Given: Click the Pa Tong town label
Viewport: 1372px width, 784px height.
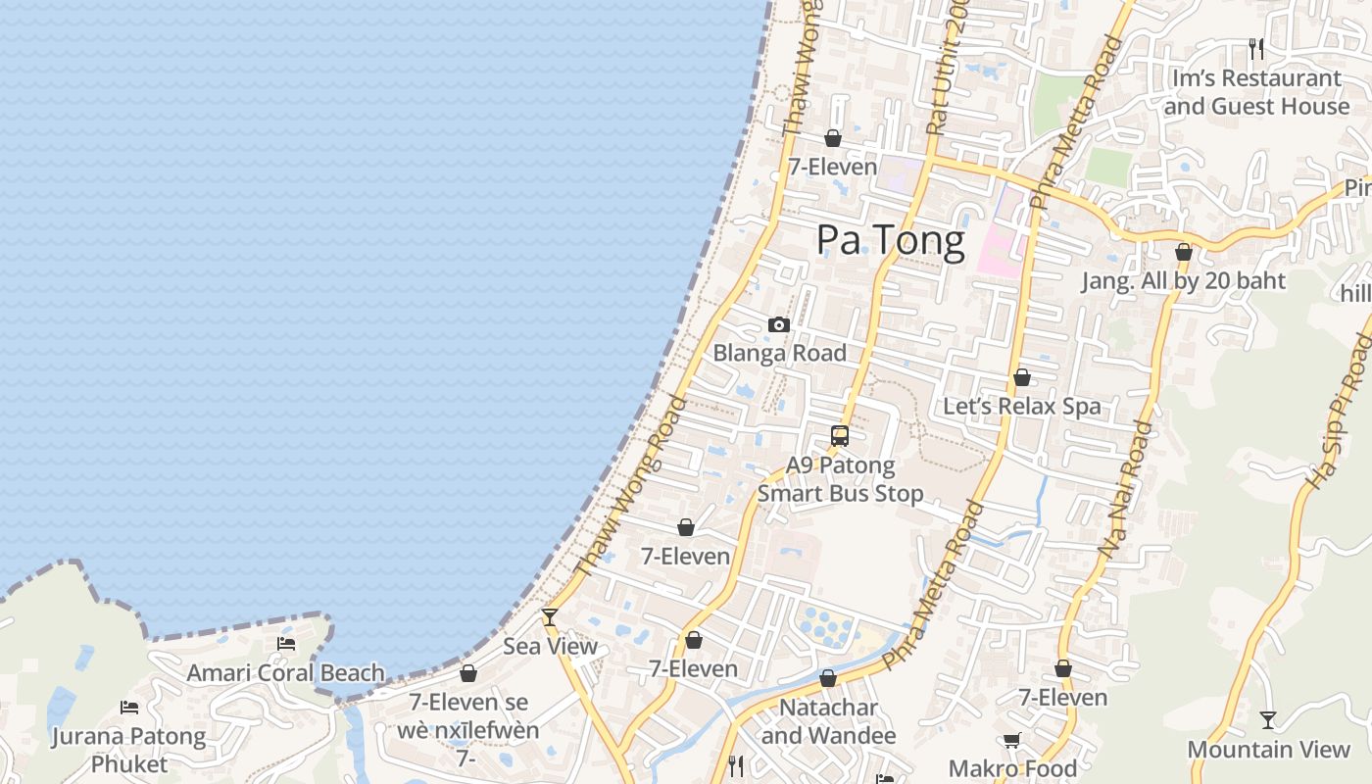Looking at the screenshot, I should (x=890, y=240).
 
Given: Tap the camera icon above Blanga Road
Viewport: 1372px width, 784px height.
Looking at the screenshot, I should (x=779, y=324).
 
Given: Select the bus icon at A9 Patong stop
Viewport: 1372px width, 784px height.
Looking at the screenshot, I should (x=840, y=436).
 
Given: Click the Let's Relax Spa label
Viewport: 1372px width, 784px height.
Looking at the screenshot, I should (x=1022, y=406).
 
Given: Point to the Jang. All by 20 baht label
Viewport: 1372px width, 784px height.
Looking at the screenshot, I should (x=1183, y=281).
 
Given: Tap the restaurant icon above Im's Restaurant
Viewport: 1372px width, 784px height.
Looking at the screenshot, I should (x=1256, y=48).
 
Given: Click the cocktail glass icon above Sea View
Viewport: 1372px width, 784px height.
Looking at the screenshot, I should (x=550, y=616).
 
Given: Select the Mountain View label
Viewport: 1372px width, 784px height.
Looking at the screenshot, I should (x=1268, y=750).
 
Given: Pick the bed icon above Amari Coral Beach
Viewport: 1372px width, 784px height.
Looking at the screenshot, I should (x=286, y=644).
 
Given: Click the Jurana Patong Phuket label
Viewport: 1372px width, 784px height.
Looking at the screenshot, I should (x=129, y=750).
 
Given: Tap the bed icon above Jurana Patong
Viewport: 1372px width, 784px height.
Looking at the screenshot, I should (x=129, y=707).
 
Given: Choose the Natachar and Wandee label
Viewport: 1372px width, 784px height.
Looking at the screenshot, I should (x=828, y=721).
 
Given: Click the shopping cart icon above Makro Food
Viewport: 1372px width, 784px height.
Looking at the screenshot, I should (x=1011, y=741).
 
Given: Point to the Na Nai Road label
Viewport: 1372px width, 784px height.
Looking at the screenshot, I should (x=1125, y=490).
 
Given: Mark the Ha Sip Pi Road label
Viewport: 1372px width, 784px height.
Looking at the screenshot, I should (x=1337, y=412).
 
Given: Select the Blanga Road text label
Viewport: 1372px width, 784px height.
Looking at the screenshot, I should (x=779, y=353).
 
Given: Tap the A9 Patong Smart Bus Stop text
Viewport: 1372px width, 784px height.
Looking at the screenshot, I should (x=840, y=479).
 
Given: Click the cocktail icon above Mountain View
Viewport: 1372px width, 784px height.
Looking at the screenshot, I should (x=1268, y=720).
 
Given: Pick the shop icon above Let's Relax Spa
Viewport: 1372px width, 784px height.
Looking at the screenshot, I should (x=1022, y=377).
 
